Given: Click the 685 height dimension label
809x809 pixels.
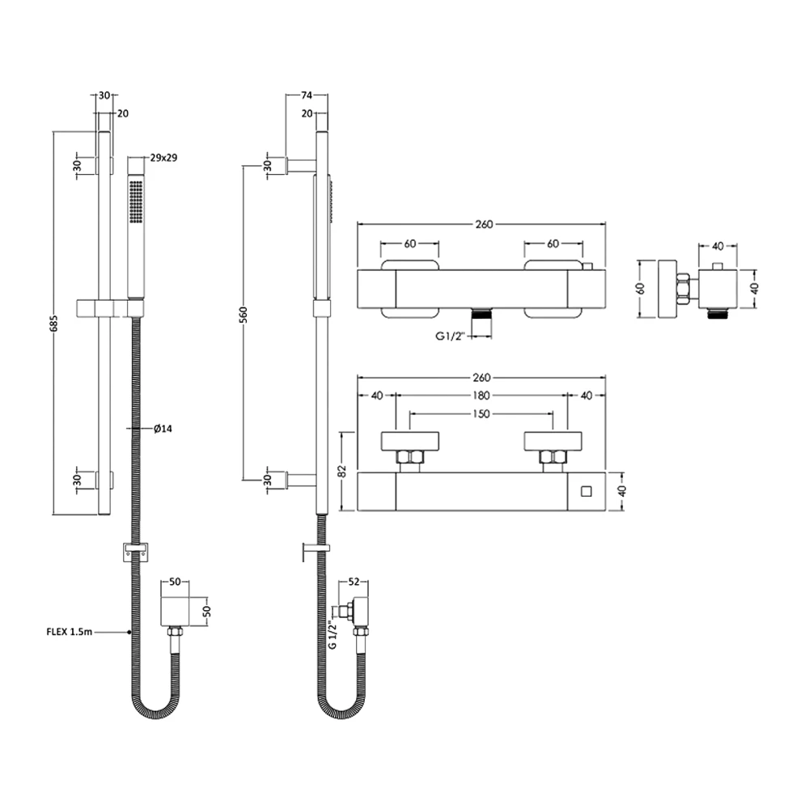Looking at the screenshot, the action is point(55,323).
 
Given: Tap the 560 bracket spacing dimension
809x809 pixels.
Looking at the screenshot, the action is point(243,315).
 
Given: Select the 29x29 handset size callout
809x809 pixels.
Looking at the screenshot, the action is point(163,158).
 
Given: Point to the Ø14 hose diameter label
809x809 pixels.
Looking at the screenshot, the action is point(163,429).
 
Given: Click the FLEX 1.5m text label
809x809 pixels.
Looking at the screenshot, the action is point(69,632).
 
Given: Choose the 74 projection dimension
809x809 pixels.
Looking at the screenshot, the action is point(307,95).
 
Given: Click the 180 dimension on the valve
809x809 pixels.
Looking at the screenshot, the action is point(481,396).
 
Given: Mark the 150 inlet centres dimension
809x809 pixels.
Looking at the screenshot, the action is point(481,413).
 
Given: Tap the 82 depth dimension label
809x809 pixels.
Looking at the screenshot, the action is point(342,471).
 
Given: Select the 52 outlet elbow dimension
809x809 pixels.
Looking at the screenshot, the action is point(354,582).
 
